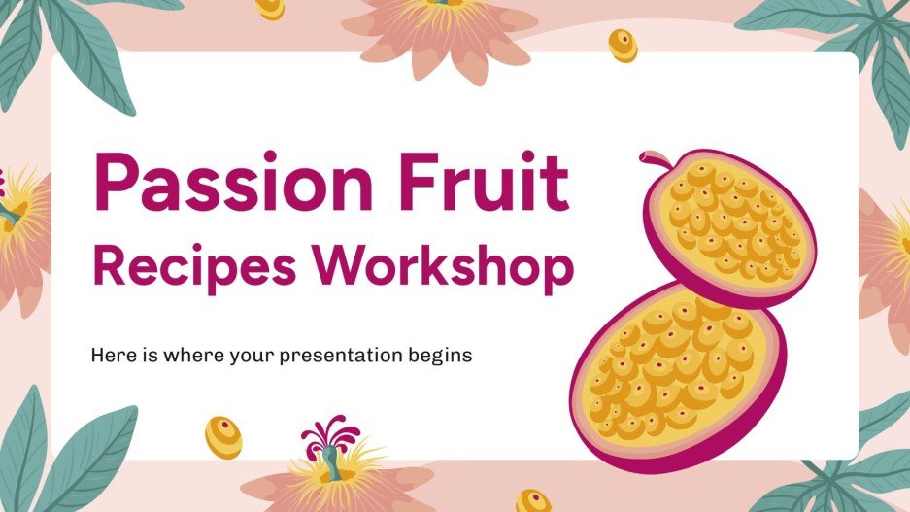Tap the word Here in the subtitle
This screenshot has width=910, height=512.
pyautogui.click(x=111, y=356)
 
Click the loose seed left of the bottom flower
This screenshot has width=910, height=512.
pyautogui.click(x=223, y=436)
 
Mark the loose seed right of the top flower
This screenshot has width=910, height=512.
pyautogui.click(x=622, y=44)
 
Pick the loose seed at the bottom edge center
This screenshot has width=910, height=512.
pyautogui.click(x=533, y=500)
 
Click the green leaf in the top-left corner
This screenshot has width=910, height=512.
pyautogui.click(x=24, y=49)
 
